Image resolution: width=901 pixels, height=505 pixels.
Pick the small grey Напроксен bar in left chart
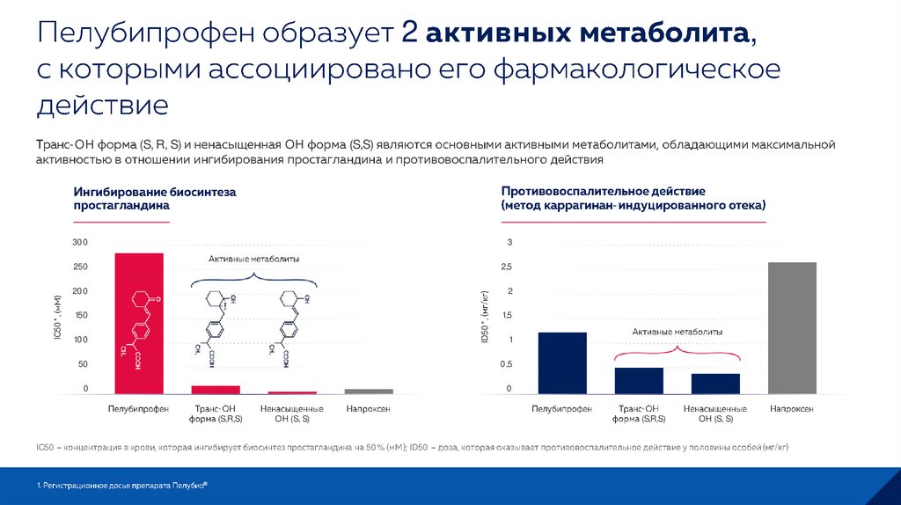(369, 391)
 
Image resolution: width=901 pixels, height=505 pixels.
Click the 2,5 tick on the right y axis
(504, 267)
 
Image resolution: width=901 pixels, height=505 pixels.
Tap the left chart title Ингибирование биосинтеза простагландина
(156, 198)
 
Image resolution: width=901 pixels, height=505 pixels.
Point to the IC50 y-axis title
(57, 318)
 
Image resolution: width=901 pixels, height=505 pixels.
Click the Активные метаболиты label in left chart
(254, 259)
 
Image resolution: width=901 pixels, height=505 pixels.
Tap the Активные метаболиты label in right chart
(678, 332)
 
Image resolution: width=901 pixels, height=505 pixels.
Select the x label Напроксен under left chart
(369, 409)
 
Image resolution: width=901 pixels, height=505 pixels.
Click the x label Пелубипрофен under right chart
(561, 409)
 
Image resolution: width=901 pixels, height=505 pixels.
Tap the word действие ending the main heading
(102, 105)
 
